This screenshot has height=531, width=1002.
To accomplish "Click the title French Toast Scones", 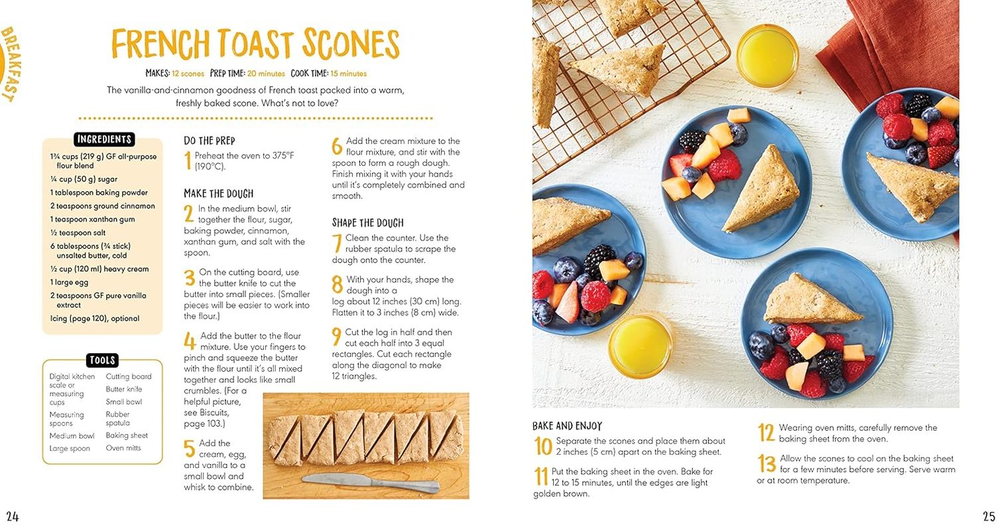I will click(x=255, y=44).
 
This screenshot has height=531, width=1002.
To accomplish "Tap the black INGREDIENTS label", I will click(x=104, y=139).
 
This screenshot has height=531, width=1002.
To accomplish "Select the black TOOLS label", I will click(x=101, y=360).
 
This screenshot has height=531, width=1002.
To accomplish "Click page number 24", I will click(x=13, y=516).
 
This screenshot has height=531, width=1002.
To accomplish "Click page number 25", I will click(x=988, y=516).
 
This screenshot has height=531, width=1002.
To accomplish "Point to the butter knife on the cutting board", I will click(x=370, y=483).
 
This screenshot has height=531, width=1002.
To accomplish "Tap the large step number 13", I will click(x=766, y=463).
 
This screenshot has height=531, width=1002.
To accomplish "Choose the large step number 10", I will click(x=543, y=446).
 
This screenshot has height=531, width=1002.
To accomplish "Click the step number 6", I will click(x=336, y=146).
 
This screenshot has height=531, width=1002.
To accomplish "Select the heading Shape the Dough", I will click(x=367, y=223).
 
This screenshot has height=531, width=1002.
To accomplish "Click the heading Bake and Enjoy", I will click(x=567, y=426).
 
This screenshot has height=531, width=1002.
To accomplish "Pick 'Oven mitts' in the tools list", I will click(x=123, y=448).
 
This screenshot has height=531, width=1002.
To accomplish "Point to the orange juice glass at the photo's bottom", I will click(x=640, y=345).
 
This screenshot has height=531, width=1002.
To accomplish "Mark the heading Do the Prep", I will click(x=209, y=141).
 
